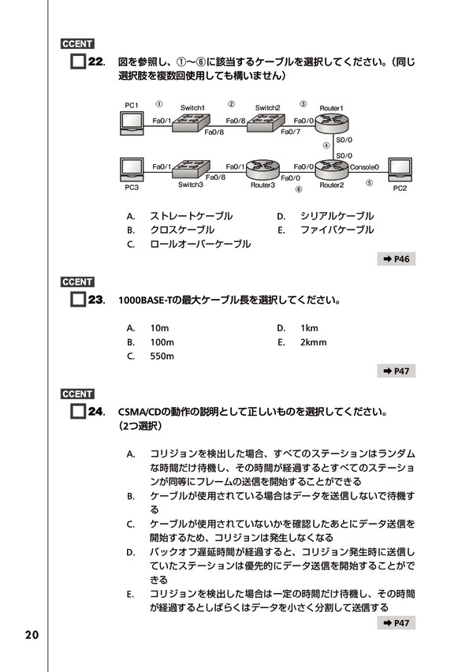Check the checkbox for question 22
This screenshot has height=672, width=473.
tap(77, 62)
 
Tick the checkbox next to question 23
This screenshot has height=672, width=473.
tap(77, 299)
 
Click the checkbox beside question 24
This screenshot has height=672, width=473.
tap(77, 412)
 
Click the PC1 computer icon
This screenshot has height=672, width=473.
tap(132, 123)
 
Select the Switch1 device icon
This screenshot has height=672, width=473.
tap(191, 122)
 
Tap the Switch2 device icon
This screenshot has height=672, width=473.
tap(266, 122)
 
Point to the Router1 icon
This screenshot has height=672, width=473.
tap(332, 123)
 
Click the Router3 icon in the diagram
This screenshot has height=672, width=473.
tap(263, 170)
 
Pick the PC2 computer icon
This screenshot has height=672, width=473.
tap(400, 170)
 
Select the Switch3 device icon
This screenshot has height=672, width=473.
tap(191, 169)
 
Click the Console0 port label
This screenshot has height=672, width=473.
tap(364, 167)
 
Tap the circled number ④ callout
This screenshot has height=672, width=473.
tap(326, 146)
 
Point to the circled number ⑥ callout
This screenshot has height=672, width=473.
tap(299, 189)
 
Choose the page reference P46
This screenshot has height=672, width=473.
tap(397, 259)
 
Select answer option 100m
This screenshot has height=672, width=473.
tap(162, 342)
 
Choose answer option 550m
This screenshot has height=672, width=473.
tap(162, 356)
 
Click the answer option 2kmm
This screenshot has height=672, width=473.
tap(313, 342)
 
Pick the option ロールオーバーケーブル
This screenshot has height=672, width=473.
tap(200, 244)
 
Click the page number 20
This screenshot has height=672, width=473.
tap(32, 635)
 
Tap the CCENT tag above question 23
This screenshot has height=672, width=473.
tap(77, 282)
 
